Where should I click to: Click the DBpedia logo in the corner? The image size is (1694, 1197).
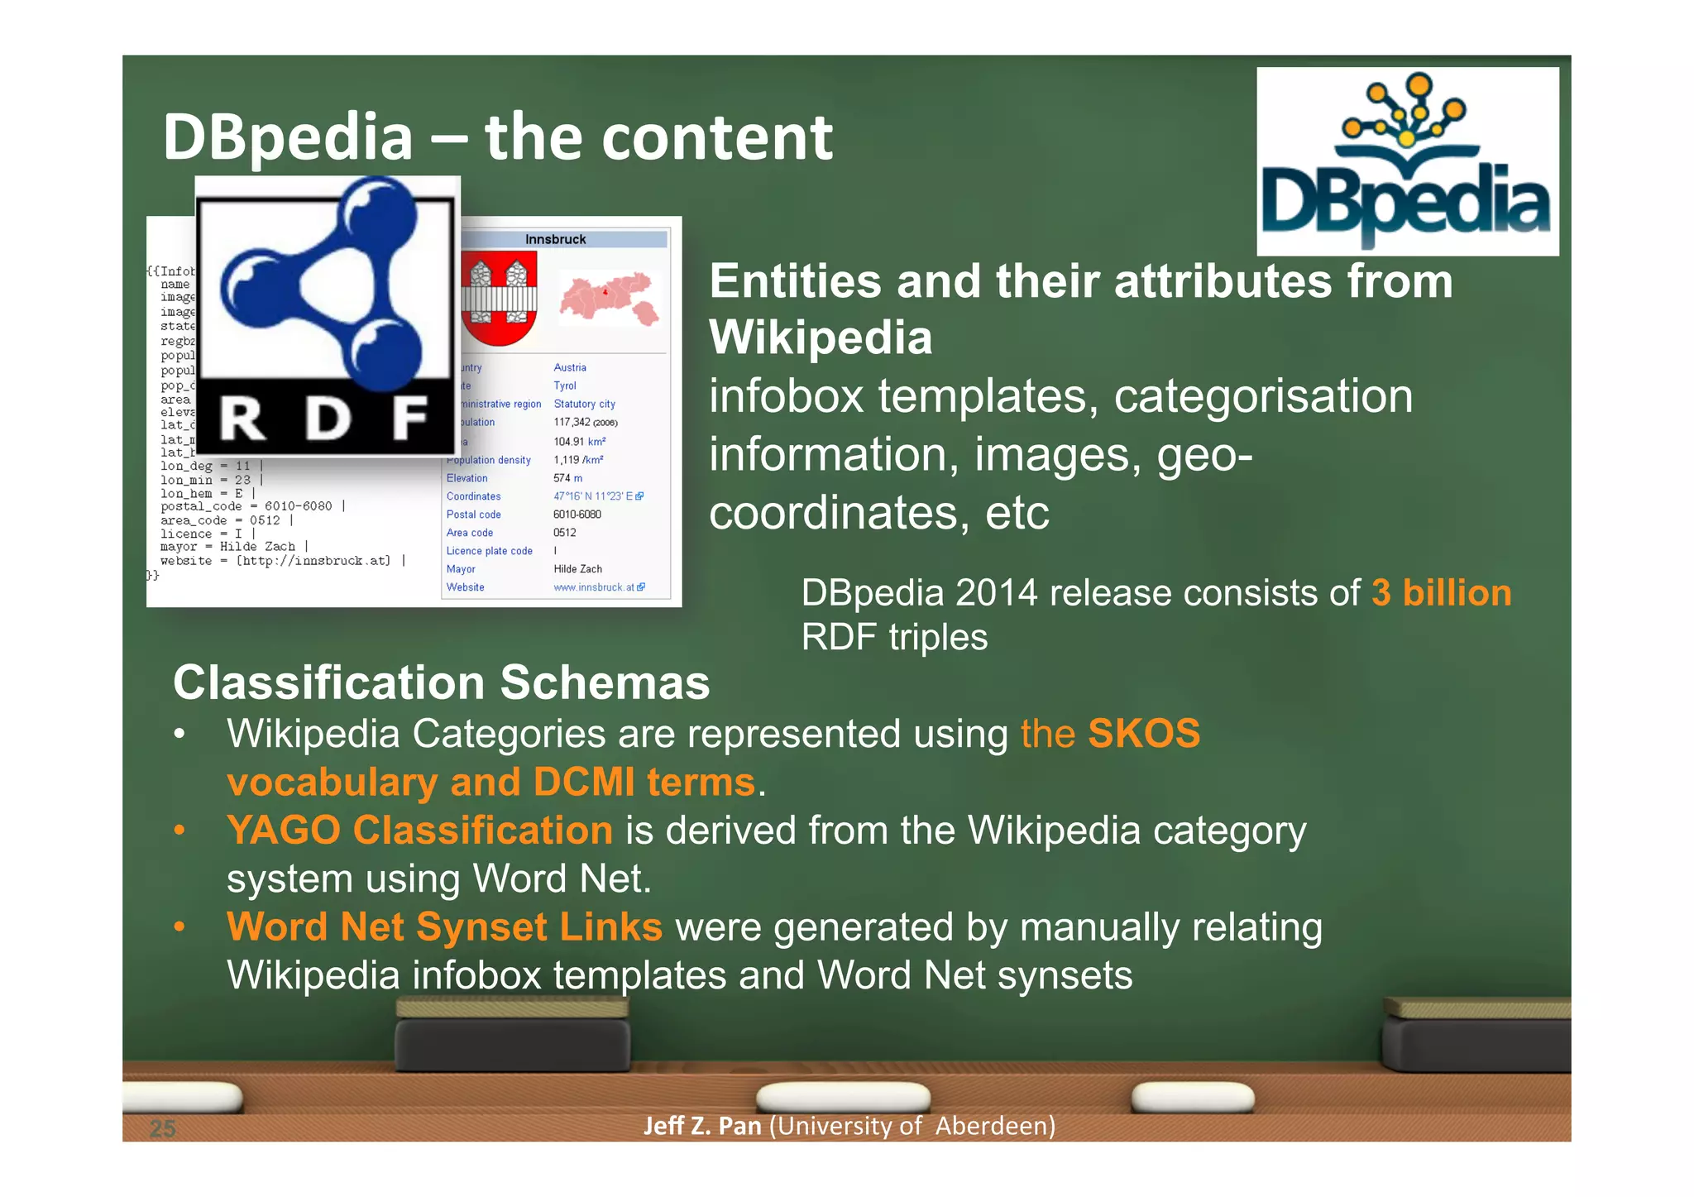[x=1407, y=161]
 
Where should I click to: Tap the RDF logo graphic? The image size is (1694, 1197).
[x=328, y=315]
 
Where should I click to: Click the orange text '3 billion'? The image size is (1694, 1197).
[x=1441, y=593]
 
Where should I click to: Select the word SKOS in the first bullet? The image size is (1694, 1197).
[x=1144, y=734]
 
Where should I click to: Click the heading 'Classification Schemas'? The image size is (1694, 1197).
[x=441, y=682]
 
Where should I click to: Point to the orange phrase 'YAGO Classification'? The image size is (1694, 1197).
[x=419, y=830]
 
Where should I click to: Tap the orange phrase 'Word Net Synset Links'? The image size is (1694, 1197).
[x=444, y=926]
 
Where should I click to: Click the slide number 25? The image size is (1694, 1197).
[x=163, y=1128]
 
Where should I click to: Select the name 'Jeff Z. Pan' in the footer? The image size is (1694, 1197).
[x=702, y=1126]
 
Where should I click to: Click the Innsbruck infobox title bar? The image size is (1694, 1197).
[x=556, y=239]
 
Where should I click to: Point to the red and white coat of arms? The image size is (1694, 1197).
[x=499, y=299]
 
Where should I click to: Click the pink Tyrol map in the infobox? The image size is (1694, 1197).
[x=610, y=299]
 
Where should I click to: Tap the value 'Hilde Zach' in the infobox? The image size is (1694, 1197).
[x=577, y=569]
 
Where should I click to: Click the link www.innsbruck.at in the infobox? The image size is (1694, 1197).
[x=594, y=587]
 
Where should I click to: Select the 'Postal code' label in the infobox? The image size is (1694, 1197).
[x=473, y=515]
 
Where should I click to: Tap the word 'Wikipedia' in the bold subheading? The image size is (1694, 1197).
[x=821, y=338]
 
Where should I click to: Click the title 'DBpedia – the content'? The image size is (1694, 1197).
[x=497, y=136]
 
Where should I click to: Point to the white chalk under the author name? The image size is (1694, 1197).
[x=843, y=1096]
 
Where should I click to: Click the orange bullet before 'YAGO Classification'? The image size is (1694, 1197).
[x=179, y=830]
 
